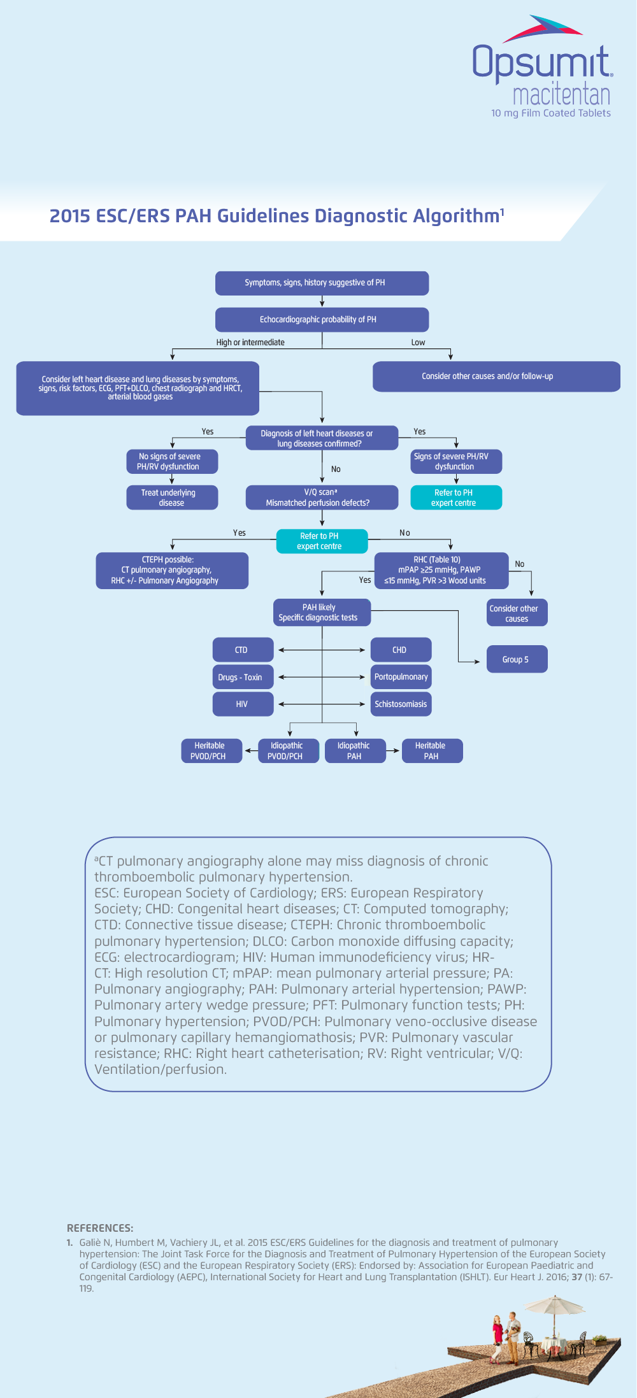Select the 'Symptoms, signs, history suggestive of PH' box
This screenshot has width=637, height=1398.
[x=322, y=283]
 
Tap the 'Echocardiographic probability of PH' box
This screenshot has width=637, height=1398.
[x=322, y=320]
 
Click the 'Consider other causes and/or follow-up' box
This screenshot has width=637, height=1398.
[x=496, y=376]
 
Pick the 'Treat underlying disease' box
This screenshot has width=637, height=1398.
[x=172, y=497]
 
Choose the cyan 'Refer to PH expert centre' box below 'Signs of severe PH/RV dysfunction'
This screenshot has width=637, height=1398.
[x=456, y=497]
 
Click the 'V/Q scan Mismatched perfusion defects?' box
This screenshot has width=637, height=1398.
[x=322, y=497]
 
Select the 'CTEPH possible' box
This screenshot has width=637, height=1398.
[x=172, y=570]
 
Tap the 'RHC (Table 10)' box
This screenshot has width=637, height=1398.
[x=441, y=570]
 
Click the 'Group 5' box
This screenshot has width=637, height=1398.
[x=517, y=659]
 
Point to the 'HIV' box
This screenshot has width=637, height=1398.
[x=243, y=704]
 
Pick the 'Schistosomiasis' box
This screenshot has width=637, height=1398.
[x=401, y=704]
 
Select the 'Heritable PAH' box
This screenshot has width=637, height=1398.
[x=432, y=751]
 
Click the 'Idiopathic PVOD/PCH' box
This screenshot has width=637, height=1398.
[x=288, y=751]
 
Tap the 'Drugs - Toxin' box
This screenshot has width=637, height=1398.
[x=243, y=677]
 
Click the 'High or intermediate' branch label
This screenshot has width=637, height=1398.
[x=250, y=342]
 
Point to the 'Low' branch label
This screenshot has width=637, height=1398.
[x=418, y=342]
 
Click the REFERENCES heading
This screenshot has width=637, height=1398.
[x=100, y=1227]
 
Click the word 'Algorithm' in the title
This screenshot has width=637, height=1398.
[x=455, y=216]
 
